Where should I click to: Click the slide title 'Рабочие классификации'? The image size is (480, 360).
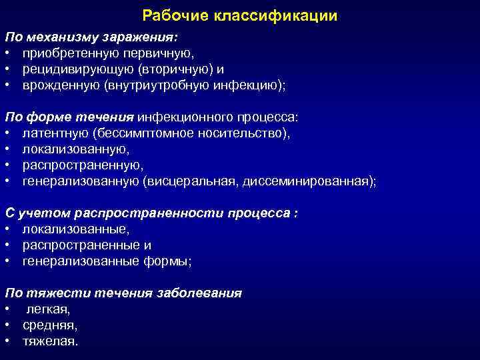(x=240, y=15)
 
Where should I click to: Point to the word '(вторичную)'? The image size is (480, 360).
(x=171, y=69)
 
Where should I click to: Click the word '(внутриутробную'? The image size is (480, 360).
(x=156, y=85)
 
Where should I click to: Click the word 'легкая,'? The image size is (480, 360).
(x=49, y=309)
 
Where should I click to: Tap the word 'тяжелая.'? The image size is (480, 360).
(x=50, y=341)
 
